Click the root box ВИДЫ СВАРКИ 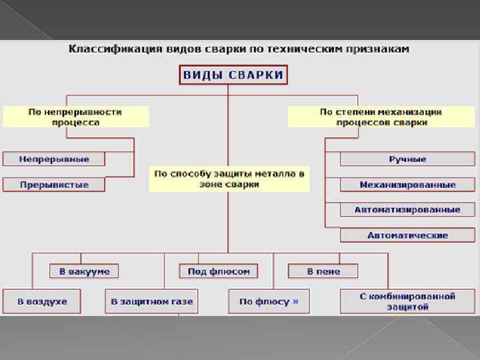(x=233, y=75)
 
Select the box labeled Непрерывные (x=54, y=159)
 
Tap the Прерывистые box (x=54, y=185)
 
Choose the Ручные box (x=407, y=159)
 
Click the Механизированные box (x=407, y=185)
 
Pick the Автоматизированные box (x=407, y=209)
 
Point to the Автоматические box (x=407, y=235)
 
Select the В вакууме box (x=84, y=271)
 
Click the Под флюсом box (x=218, y=271)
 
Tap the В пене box (x=323, y=271)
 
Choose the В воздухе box (x=42, y=301)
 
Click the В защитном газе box (x=152, y=301)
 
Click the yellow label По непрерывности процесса (x=75, y=117)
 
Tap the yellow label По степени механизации (x=381, y=117)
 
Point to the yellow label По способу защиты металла (x=229, y=179)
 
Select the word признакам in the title (x=383, y=49)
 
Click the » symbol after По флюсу (x=295, y=301)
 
